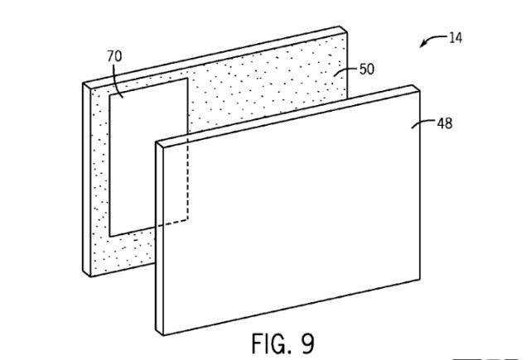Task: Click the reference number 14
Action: coord(455,37)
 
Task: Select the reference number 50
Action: coord(366,70)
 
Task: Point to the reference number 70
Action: coord(114,55)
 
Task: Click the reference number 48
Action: coord(444,123)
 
